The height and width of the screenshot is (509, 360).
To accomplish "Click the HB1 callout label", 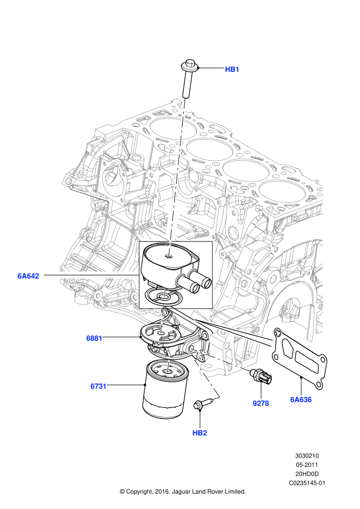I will point(232,69).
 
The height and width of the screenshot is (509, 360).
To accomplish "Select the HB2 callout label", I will point(199,433).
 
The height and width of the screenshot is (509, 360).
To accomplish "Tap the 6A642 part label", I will point(28,276).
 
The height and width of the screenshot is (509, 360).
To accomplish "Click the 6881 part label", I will point(94,338).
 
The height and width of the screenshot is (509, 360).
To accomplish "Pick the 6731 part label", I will point(98,386).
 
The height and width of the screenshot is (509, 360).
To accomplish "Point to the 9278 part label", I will point(261,403).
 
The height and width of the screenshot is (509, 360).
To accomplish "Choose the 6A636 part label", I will point(301,400).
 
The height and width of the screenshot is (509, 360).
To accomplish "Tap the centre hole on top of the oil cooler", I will point(168,256).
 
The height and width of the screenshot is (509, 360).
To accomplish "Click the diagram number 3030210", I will point(307,455).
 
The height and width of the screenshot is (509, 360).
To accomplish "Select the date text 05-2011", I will point(307,465).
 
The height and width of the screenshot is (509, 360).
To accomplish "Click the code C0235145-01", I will point(307,483).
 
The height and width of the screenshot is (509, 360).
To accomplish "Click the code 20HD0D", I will point(307,474).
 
